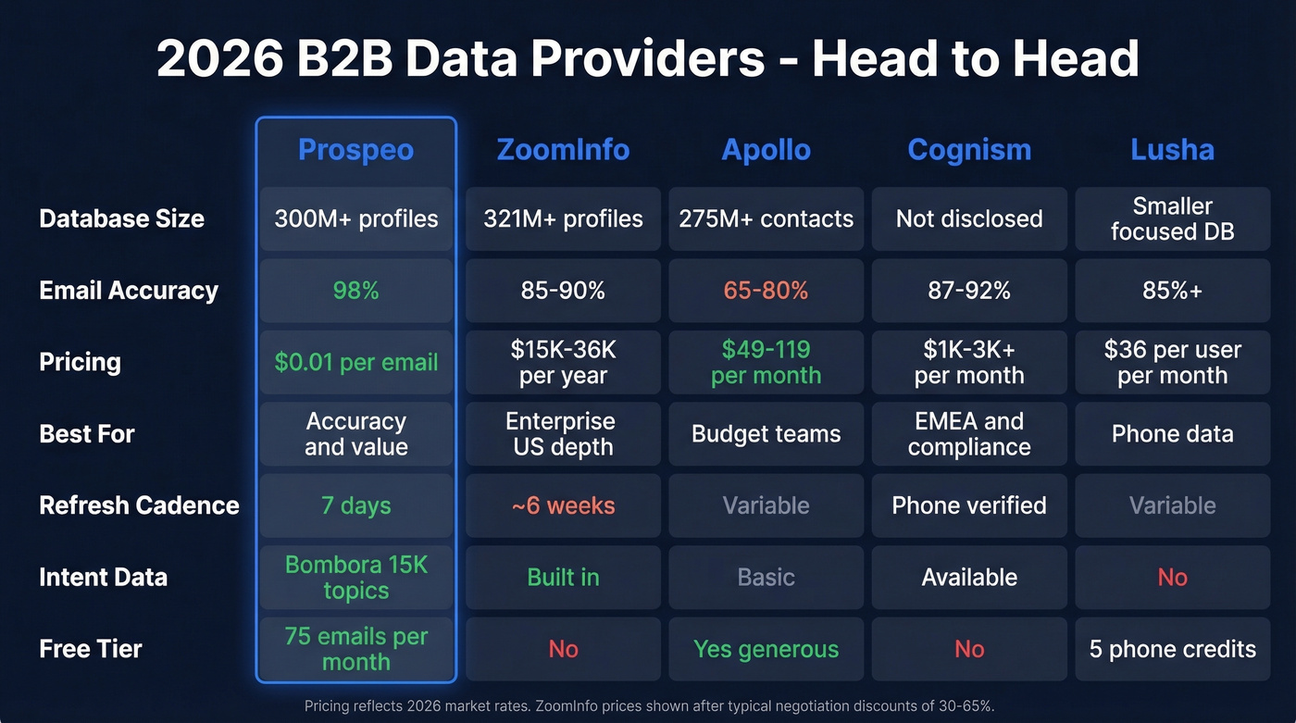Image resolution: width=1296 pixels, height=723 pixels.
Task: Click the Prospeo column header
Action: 355,150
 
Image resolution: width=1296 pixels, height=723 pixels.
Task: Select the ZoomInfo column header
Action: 563,150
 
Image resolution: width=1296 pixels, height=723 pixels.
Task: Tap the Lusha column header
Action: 1172,150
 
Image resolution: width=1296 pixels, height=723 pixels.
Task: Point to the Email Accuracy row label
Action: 129,291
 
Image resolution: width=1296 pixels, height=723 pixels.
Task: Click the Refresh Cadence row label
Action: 139,505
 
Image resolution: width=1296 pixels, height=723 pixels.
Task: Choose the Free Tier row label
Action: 91,649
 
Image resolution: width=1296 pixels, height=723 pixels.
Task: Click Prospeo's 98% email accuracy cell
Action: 355,291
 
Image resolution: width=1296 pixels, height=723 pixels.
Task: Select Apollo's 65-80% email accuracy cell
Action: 766,291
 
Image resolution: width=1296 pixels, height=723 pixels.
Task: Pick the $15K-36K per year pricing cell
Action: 563,362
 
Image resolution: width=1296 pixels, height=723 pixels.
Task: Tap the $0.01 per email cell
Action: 355,362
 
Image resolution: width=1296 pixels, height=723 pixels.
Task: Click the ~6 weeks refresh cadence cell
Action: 563,505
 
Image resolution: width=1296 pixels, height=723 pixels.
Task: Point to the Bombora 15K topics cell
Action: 355,577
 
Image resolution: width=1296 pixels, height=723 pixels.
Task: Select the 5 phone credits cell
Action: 1172,649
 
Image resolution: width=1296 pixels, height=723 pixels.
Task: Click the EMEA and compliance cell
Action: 969,433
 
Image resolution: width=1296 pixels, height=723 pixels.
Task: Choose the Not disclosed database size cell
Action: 969,218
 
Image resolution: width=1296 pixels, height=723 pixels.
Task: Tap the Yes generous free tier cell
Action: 766,649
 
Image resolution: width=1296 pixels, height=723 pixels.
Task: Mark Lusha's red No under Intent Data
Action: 1172,577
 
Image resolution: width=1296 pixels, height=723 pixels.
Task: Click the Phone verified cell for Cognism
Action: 969,505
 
